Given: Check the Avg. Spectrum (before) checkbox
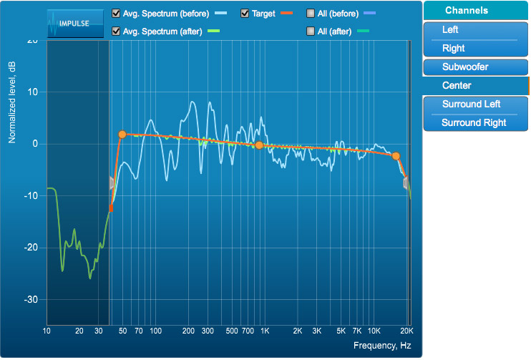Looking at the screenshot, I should [117, 14].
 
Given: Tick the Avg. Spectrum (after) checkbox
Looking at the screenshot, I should [117, 31].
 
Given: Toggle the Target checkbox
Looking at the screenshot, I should [245, 14].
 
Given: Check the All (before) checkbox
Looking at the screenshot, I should [311, 14].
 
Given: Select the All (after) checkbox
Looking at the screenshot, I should [311, 31].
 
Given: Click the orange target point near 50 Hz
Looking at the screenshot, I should [122, 135].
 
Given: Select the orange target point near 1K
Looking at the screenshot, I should [259, 145].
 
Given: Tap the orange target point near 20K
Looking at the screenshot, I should [396, 156].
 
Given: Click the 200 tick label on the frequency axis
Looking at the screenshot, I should [189, 331].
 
